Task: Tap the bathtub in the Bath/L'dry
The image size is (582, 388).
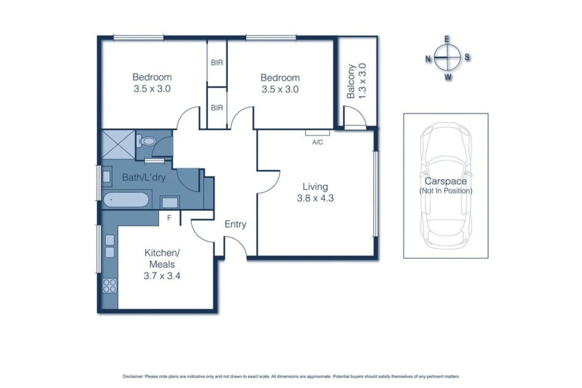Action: [x=126, y=200]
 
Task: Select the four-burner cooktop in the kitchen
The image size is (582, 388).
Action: [x=110, y=286]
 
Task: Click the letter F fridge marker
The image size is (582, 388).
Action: [x=169, y=218]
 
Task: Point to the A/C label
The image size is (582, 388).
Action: [x=317, y=142]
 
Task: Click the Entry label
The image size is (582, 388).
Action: [x=235, y=224]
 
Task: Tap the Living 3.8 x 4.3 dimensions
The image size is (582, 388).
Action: [x=315, y=198]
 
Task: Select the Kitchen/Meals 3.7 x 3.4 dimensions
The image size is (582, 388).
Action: [x=162, y=275]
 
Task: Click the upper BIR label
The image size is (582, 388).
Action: [x=217, y=63]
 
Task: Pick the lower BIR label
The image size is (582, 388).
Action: [x=217, y=108]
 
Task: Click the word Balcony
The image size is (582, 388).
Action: [x=351, y=81]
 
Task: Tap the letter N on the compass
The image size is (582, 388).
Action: [x=428, y=59]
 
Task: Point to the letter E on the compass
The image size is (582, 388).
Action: [x=447, y=39]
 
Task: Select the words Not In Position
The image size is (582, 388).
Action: [x=446, y=191]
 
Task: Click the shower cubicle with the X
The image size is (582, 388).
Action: [x=118, y=145]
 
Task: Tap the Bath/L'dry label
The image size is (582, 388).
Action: [x=144, y=177]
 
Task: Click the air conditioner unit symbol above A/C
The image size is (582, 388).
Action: [x=317, y=133]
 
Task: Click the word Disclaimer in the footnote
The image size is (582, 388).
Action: [x=133, y=376]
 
